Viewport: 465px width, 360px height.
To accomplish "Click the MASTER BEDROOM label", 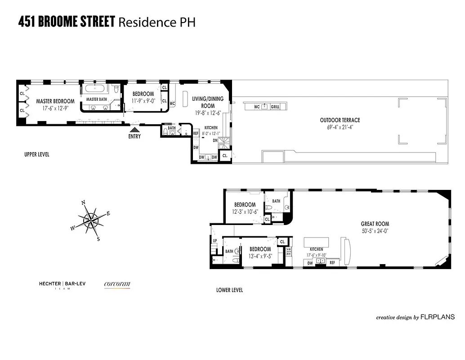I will tap(55, 101).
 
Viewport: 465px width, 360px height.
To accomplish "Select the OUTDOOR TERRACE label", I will tap(340, 120).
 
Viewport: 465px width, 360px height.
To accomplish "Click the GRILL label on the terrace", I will tap(275, 107).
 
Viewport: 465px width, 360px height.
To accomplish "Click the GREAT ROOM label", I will tap(375, 224).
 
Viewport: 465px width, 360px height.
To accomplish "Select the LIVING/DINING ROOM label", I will tap(207, 102).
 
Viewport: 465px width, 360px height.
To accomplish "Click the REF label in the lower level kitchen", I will tap(332, 262).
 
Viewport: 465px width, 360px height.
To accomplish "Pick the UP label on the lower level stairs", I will tap(214, 241).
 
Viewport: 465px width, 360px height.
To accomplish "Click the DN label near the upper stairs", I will tap(215, 140).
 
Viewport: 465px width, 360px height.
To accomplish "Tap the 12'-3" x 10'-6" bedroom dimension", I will tap(245, 212).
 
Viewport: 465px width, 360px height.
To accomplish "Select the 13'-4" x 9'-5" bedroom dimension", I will tap(260, 256).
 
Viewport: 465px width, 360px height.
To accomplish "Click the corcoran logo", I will tap(117, 284).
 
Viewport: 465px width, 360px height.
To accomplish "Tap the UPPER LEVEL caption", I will tap(37, 154).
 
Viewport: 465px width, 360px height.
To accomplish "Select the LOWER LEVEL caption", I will tap(229, 290).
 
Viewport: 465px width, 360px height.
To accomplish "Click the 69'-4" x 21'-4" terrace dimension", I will tap(340, 128).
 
